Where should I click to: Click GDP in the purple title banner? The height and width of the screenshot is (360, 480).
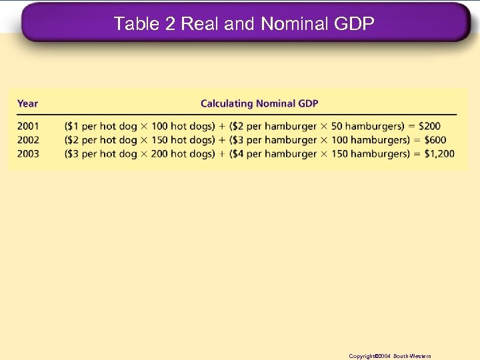(x=353, y=25)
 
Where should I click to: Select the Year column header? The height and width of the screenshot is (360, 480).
(x=27, y=103)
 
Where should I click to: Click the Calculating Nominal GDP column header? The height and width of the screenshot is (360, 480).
(x=259, y=103)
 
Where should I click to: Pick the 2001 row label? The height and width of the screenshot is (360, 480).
(x=28, y=126)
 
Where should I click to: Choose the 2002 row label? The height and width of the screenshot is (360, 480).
(x=28, y=140)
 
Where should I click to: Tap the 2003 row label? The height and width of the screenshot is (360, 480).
(x=28, y=154)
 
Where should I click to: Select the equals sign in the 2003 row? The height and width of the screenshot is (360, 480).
(x=411, y=154)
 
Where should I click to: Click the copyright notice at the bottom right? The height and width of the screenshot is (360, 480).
(x=390, y=356)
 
